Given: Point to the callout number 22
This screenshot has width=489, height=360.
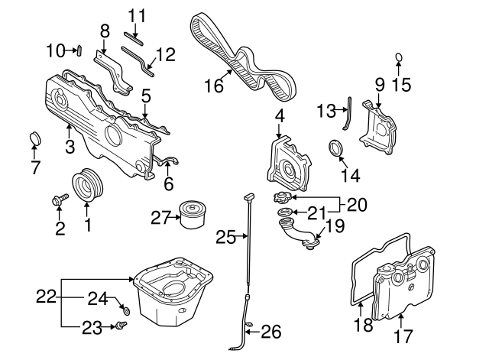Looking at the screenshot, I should (47, 295).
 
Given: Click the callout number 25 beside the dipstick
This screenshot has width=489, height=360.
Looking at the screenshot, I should (225, 238).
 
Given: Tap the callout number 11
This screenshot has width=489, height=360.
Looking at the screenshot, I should (136, 15).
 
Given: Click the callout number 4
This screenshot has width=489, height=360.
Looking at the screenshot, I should (280, 117).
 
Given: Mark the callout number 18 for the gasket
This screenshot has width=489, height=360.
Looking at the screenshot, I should (364, 326).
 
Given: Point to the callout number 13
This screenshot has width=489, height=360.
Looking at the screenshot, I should (325, 112).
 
